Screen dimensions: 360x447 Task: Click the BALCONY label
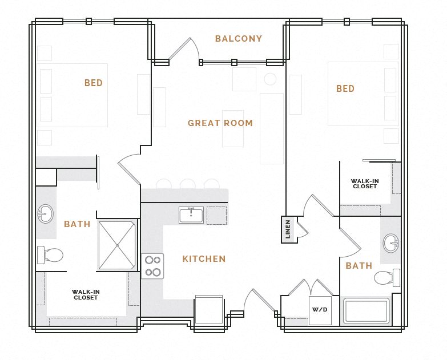pyautogui.click(x=239, y=39)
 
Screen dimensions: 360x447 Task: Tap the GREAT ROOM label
pyautogui.click(x=220, y=123)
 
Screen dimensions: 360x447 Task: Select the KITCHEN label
pyautogui.click(x=204, y=259)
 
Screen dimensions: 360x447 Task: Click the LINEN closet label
pyautogui.click(x=288, y=229)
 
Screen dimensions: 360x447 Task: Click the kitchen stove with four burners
pyautogui.click(x=152, y=266)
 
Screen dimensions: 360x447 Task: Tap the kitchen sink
pyautogui.click(x=191, y=215)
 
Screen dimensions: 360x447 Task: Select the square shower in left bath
pyautogui.click(x=117, y=245)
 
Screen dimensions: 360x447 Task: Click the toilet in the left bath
pyautogui.click(x=50, y=254)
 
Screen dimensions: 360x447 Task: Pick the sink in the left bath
pyautogui.click(x=46, y=214)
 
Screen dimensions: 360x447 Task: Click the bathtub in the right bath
pyautogui.click(x=366, y=311)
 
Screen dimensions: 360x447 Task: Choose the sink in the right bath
pyautogui.click(x=391, y=242)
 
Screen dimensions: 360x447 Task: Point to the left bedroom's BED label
pyautogui.click(x=94, y=83)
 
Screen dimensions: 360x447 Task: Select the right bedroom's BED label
pyautogui.click(x=345, y=89)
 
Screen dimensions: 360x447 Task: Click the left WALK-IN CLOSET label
pyautogui.click(x=86, y=295)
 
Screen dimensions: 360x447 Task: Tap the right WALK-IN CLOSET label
pyautogui.click(x=365, y=184)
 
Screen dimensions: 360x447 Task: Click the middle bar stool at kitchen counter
pyautogui.click(x=187, y=184)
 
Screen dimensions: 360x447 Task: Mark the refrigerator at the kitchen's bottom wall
pyautogui.click(x=209, y=310)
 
